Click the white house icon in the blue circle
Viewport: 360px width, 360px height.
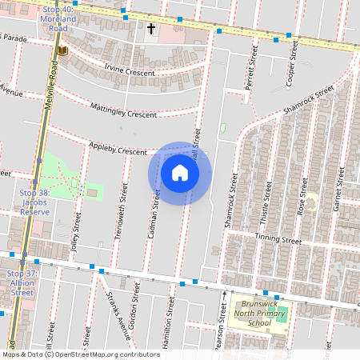coord(180,173)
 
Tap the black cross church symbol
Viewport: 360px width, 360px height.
coord(150,30)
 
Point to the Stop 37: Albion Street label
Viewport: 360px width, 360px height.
coord(21,283)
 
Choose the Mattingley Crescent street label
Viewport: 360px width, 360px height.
coord(123,111)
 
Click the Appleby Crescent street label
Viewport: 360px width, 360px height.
coord(118,150)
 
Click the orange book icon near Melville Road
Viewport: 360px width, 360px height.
coord(62,51)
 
